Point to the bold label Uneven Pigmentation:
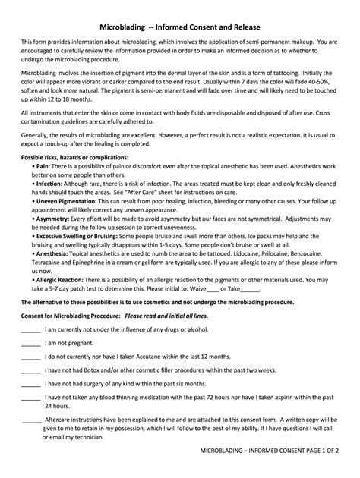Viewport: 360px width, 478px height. (x=63, y=201)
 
